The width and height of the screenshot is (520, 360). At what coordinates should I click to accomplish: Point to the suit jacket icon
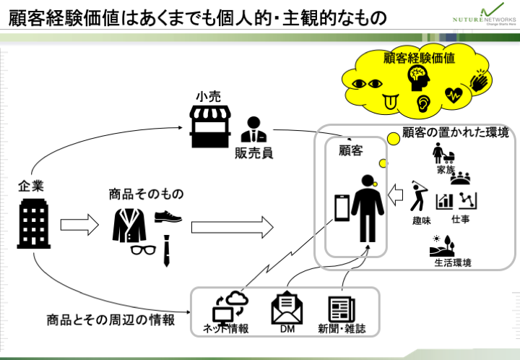(129, 225)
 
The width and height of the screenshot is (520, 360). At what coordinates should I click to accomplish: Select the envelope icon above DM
(286, 309)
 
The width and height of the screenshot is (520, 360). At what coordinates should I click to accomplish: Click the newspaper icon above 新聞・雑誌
(341, 309)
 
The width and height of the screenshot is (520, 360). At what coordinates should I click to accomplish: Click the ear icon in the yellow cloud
(423, 104)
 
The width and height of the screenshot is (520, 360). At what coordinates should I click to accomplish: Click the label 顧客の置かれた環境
(456, 132)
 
